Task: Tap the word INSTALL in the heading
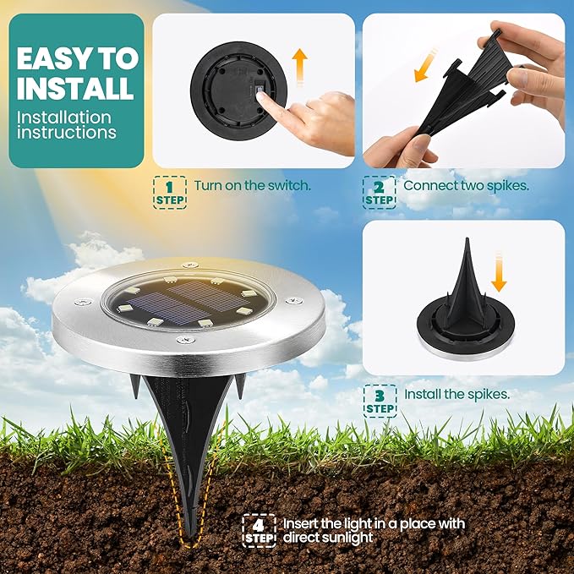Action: [x=75, y=88]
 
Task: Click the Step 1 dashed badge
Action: [x=169, y=193]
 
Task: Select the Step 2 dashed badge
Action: [x=380, y=193]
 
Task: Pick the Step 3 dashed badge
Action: [x=380, y=402]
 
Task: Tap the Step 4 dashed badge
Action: [x=259, y=531]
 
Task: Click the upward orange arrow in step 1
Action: [x=300, y=67]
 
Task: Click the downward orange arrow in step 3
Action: [x=499, y=271]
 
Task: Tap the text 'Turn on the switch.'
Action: [x=252, y=186]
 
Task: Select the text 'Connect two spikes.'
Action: [x=466, y=186]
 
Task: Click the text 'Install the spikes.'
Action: [x=456, y=394]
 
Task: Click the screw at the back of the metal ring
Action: [x=190, y=265]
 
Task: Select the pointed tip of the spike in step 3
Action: [x=467, y=239]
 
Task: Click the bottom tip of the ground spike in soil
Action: [x=191, y=538]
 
